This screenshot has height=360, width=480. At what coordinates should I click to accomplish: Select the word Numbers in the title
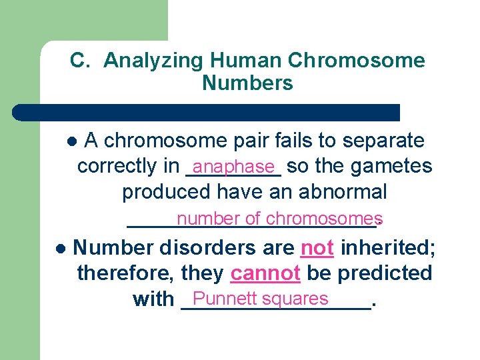247,83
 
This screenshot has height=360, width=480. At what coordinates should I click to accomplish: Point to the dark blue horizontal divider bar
207,112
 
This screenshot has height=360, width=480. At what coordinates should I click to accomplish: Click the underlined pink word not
317,249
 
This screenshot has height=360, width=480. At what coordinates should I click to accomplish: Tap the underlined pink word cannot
264,273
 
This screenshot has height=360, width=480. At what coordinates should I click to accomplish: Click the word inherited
388,249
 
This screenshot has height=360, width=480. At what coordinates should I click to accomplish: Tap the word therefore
125,273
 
